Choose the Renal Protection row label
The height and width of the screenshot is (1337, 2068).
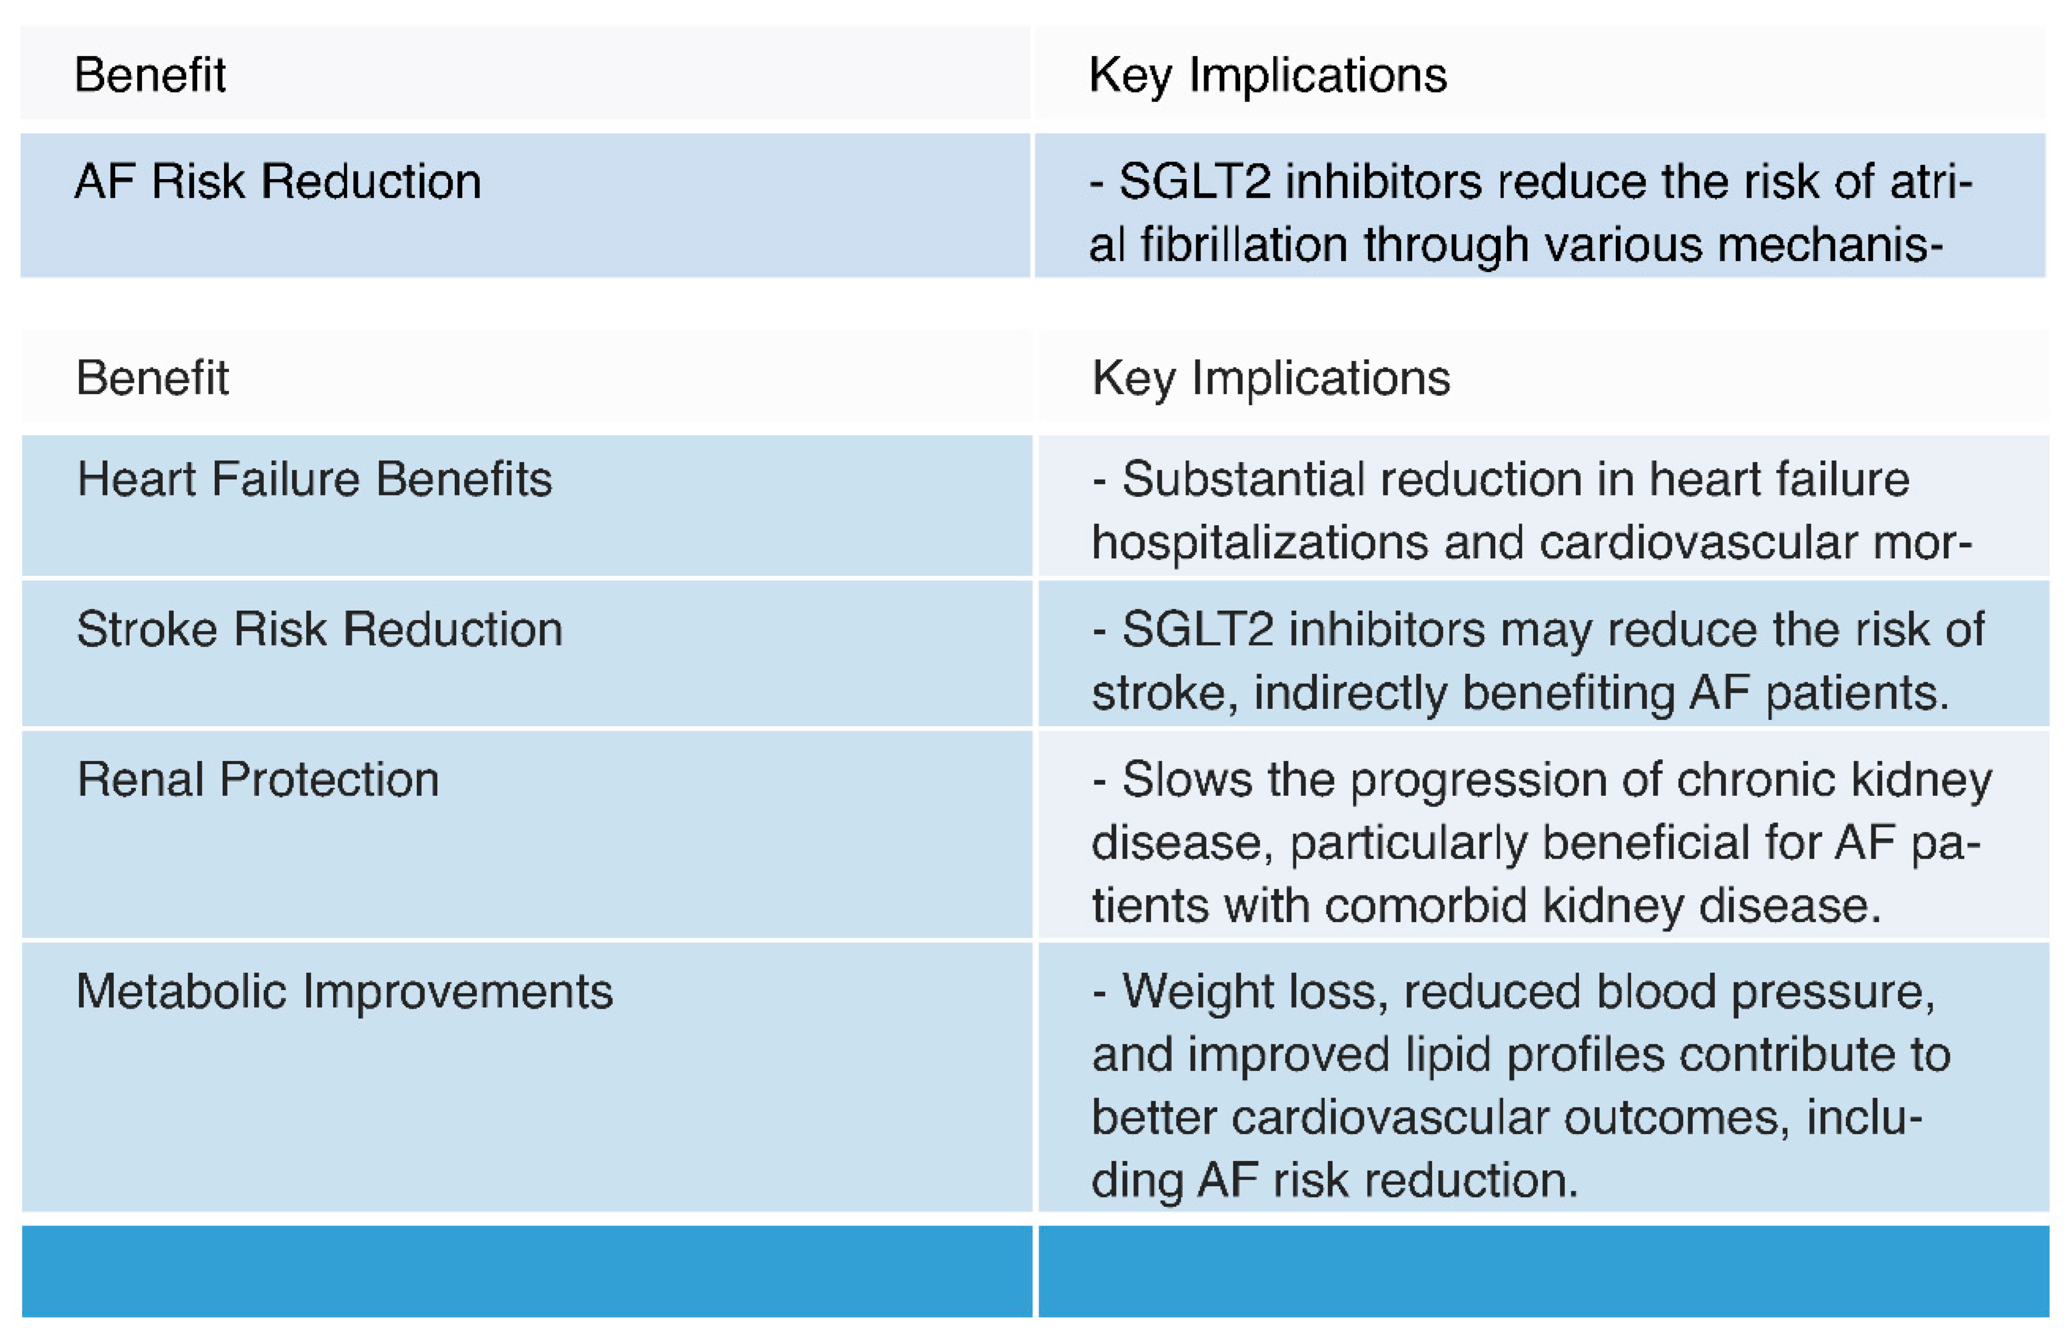(258, 779)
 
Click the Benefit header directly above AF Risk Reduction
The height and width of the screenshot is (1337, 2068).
(150, 75)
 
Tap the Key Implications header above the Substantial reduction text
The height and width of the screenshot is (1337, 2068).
(1271, 378)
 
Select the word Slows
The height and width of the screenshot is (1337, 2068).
(1187, 779)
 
